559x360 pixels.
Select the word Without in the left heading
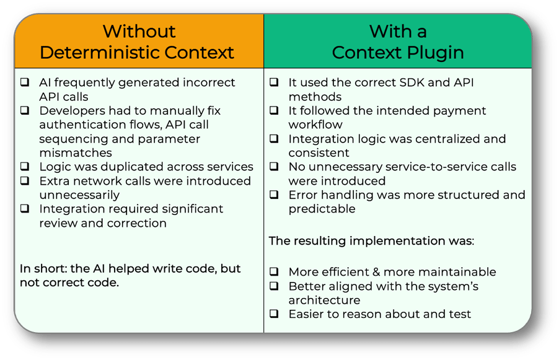coord(139,32)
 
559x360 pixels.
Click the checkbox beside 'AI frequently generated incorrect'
coord(25,82)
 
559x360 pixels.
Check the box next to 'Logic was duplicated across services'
coord(25,167)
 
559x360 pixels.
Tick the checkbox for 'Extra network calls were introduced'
coord(25,181)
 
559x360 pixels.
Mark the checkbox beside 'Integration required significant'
coord(25,209)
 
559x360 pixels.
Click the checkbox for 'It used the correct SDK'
coord(274,82)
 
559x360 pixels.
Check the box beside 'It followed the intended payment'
coord(274,110)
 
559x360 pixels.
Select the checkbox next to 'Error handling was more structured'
coord(274,195)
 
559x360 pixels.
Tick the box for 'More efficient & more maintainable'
coord(274,271)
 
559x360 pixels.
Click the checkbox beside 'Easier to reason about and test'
coord(274,314)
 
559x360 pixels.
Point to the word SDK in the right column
coord(412,82)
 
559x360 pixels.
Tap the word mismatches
coord(76,152)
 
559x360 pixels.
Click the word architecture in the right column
coord(324,300)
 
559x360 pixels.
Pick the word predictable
coord(322,209)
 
